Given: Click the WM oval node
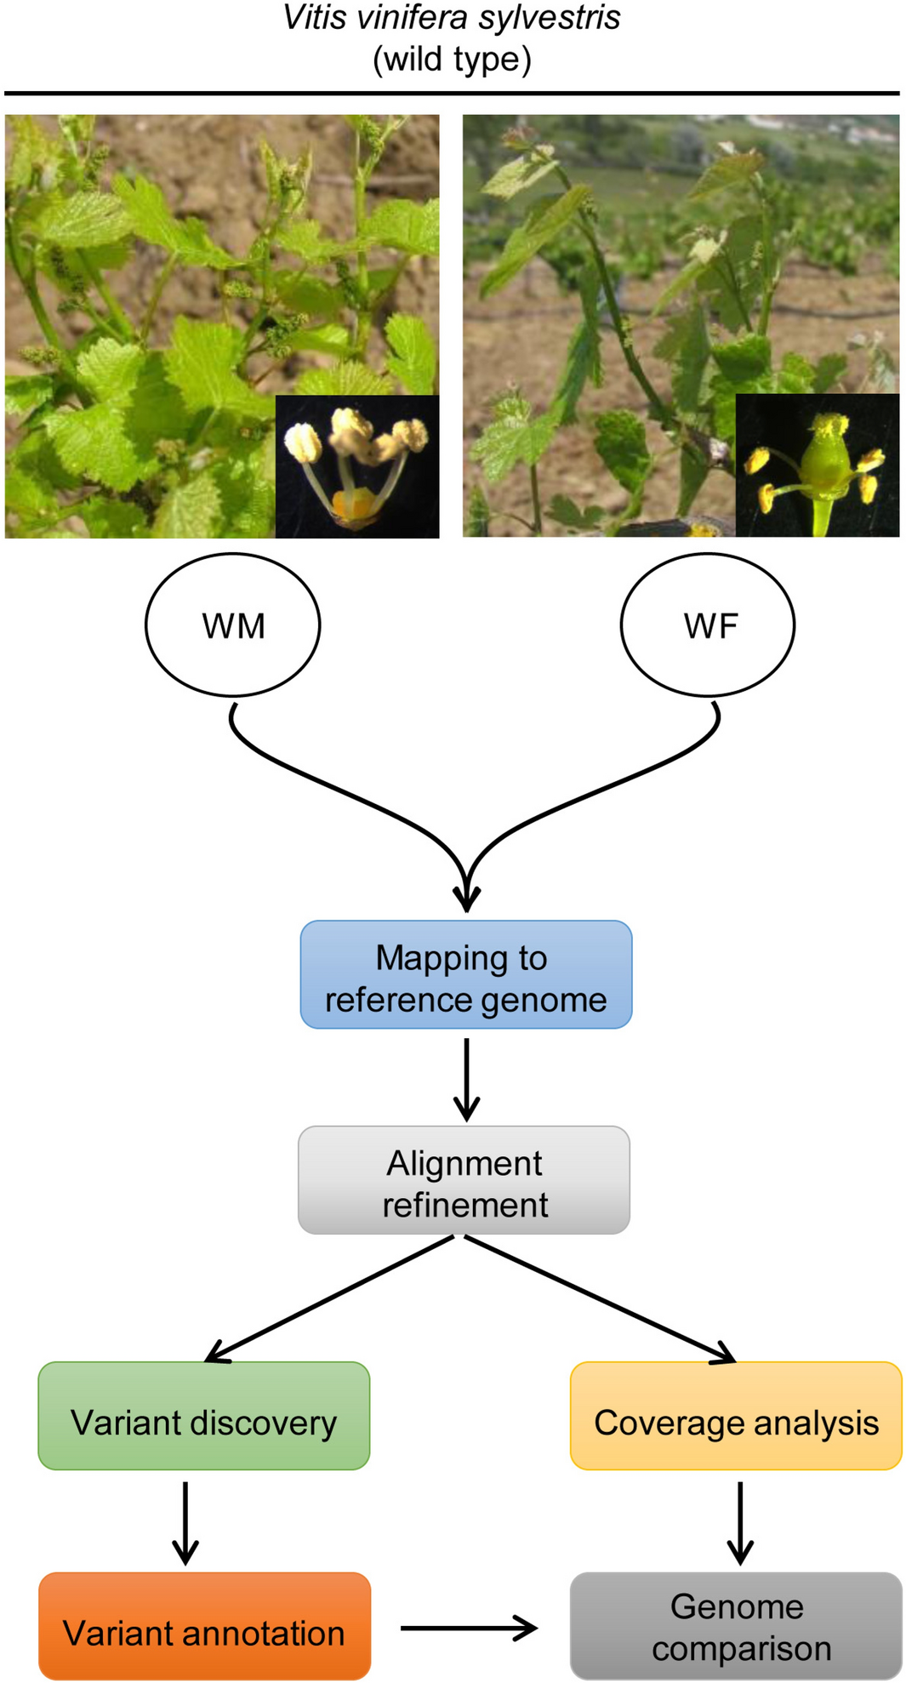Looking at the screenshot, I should coord(232,625).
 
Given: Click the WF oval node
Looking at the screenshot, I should coord(708,625).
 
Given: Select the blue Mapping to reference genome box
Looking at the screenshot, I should coord(465,975).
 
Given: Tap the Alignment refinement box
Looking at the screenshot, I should coord(464,1181).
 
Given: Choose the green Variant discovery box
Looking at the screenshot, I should coord(204,1417).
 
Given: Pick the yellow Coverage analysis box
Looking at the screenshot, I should coord(736,1417).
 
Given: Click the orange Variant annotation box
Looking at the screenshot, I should coord(204,1626).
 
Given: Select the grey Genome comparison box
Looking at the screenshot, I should coord(736,1626).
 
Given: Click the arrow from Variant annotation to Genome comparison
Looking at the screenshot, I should coord(468,1629).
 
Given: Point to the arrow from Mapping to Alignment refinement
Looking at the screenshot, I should coord(466,1079).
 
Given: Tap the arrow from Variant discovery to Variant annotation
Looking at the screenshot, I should coord(185,1523).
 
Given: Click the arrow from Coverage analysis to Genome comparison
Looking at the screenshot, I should coord(740,1523).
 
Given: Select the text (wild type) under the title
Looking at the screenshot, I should coord(452,60).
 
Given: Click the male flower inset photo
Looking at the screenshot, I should coord(357,466).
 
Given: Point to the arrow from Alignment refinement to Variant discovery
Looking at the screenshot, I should coord(332,1298).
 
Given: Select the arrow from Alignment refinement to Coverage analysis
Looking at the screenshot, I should coord(600,1298).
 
